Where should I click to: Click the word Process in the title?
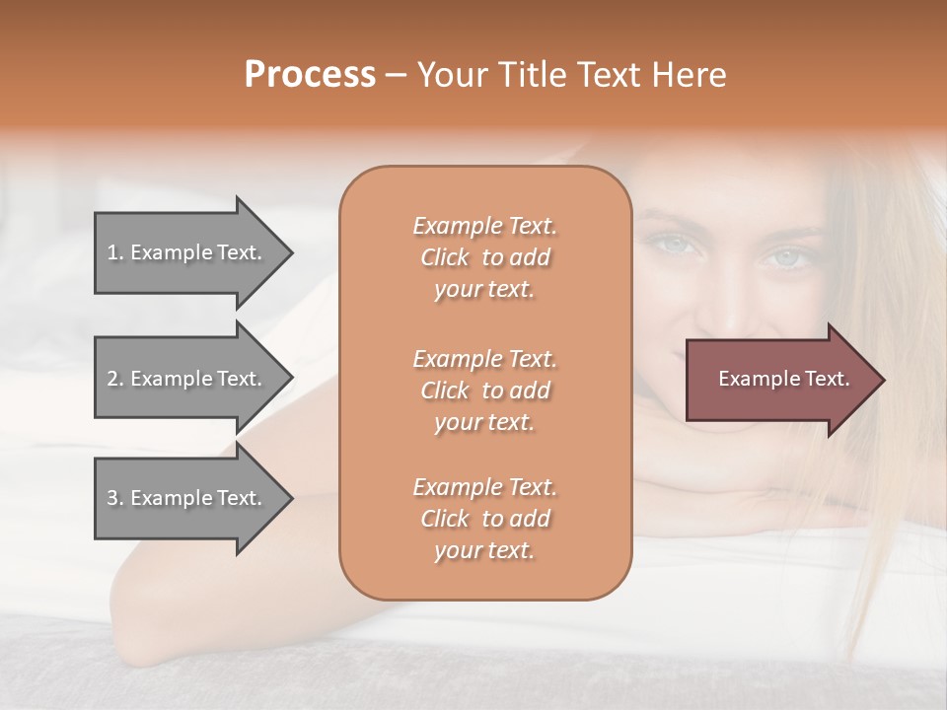[310, 75]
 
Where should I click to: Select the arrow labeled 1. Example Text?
[187, 252]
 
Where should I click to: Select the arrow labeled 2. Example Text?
[187, 379]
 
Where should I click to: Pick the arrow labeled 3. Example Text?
[187, 498]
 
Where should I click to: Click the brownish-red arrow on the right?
[779, 380]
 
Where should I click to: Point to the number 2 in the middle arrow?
[112, 379]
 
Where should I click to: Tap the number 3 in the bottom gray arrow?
[112, 498]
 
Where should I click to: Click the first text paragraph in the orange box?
[485, 257]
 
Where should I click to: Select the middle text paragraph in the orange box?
[485, 390]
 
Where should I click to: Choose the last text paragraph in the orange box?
[485, 519]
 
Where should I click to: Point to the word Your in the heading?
[449, 75]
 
